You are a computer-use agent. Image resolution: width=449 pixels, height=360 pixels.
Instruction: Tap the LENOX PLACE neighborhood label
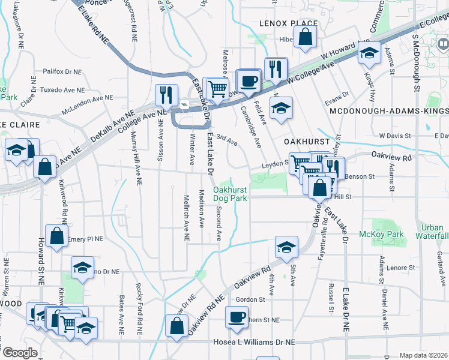pyautogui.click(x=280, y=23)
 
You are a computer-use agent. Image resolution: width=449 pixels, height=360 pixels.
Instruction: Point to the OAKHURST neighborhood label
pyautogui.click(x=307, y=142)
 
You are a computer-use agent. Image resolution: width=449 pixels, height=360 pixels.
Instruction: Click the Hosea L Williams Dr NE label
pyautogui.click(x=255, y=341)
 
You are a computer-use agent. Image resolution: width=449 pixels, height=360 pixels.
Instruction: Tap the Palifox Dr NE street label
pyautogui.click(x=62, y=71)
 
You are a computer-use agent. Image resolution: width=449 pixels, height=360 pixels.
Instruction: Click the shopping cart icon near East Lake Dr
pyautogui.click(x=217, y=88)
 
